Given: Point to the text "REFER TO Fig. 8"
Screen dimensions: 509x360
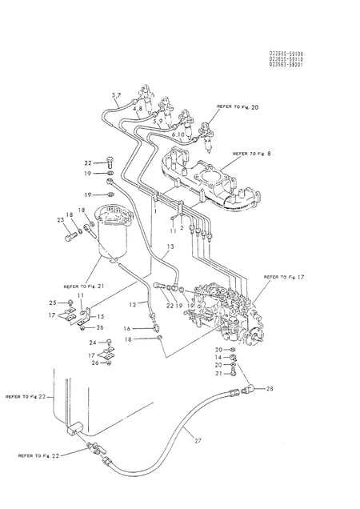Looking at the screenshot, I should (254, 153).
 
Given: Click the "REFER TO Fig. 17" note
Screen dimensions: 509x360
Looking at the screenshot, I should (286, 277).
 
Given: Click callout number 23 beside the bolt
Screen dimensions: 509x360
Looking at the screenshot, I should (60, 220).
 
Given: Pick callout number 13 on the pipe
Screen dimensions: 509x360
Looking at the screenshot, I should (170, 246).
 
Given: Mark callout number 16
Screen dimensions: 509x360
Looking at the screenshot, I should (127, 328).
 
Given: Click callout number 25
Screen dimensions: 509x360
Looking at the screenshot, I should (53, 303).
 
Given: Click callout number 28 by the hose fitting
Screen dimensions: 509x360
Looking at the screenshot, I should (269, 388).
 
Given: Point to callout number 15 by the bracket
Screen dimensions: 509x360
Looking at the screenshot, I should (101, 317).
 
